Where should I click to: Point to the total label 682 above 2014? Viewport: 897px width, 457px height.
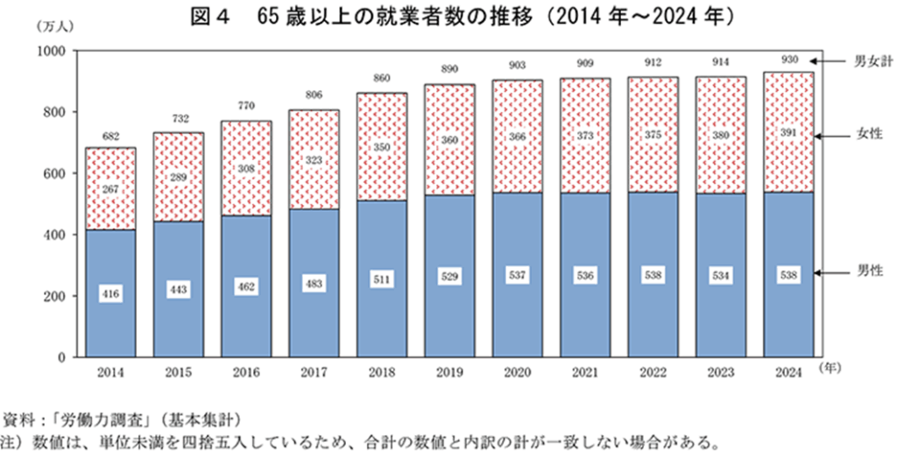tap(109, 137)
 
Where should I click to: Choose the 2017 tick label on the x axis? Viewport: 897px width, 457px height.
tap(313, 372)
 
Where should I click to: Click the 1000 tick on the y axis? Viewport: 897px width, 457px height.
tap(52, 52)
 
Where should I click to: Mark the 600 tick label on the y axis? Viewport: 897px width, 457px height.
tap(55, 174)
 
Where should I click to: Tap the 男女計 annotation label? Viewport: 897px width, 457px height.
tap(872, 61)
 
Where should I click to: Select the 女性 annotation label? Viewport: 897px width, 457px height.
tap(866, 136)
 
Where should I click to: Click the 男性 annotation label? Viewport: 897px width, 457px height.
tap(866, 273)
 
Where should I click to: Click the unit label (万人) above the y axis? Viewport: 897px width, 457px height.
tap(56, 27)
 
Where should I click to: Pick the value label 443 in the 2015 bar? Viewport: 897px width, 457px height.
tap(177, 290)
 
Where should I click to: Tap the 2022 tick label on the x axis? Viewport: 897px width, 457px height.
tap(652, 372)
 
